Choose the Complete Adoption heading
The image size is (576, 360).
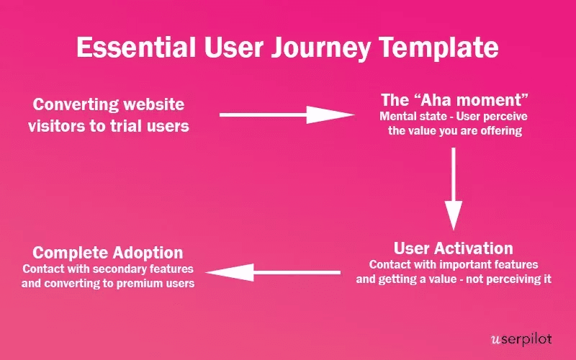108,253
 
